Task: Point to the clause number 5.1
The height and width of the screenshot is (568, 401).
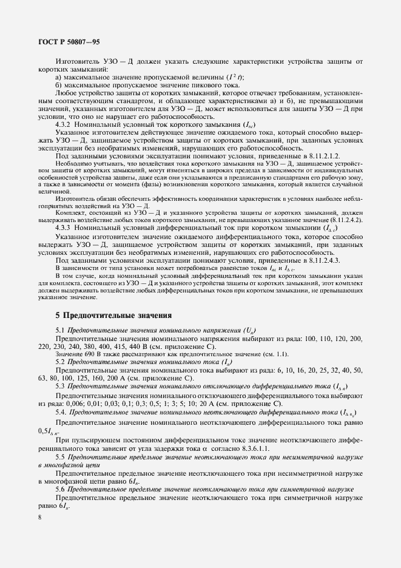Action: pyautogui.click(x=59, y=329)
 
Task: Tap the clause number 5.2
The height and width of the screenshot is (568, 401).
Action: pyautogui.click(x=59, y=360)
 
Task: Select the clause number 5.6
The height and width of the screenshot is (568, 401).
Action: pyautogui.click(x=59, y=488)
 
